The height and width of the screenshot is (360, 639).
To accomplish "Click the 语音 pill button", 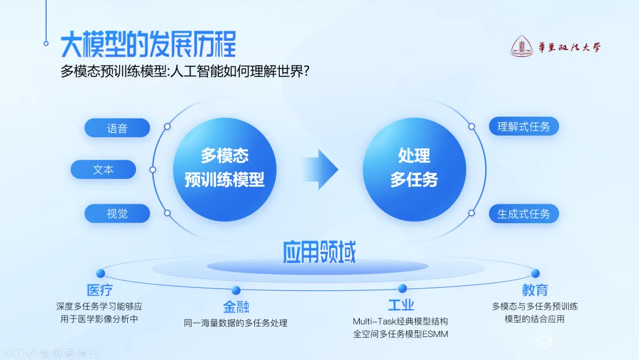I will point(117,128).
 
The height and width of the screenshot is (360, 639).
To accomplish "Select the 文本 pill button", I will point(103,170).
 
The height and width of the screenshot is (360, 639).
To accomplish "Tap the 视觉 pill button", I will point(117,213).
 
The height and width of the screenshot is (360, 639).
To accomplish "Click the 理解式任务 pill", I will point(524,126).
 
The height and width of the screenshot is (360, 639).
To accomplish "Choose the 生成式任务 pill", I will point(524,214).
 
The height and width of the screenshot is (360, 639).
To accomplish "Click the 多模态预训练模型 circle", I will point(225,168).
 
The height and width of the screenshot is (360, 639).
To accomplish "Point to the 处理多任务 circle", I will point(414,168).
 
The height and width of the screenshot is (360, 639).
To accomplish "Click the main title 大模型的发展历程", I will point(149,44).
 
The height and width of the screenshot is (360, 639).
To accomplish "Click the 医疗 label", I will point(99,290).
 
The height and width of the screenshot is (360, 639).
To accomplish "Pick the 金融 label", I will point(235,307).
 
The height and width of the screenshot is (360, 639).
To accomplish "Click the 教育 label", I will point(535,290).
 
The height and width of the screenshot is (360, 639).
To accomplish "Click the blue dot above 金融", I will point(235,290).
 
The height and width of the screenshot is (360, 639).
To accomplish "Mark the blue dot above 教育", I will point(535,274).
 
